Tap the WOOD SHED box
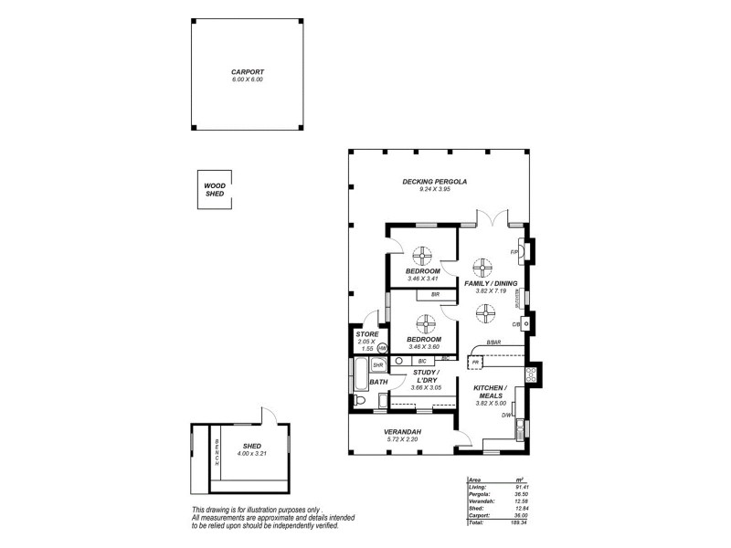[x=215, y=189]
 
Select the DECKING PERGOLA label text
[x=435, y=182]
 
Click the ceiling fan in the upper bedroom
[x=424, y=255]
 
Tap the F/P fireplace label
[x=515, y=252]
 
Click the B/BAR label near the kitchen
[x=493, y=342]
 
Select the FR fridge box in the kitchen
[x=475, y=363]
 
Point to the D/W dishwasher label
[x=505, y=416]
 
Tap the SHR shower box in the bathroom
[x=376, y=365]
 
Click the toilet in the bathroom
[x=359, y=401]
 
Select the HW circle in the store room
[x=382, y=348]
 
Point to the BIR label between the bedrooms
[x=436, y=294]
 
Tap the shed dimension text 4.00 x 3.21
[x=252, y=454]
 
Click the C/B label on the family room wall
[x=515, y=323]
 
